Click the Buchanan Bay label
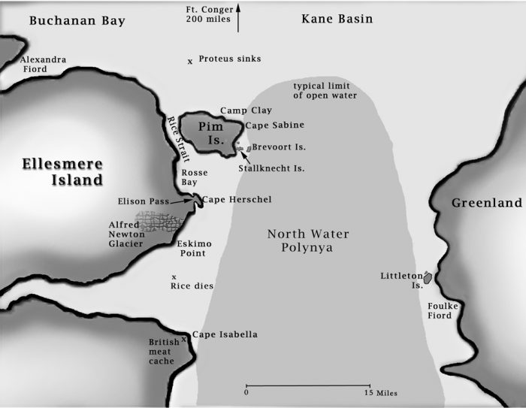tap(77, 20)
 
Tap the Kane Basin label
tap(337, 19)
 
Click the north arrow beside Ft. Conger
tap(238, 17)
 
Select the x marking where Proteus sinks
tap(190, 61)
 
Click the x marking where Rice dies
tap(174, 277)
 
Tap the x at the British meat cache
tap(183, 339)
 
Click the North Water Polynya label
tap(308, 241)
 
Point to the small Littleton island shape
tap(428, 278)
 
